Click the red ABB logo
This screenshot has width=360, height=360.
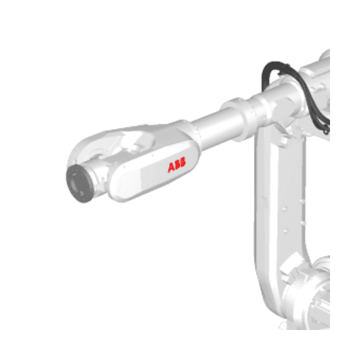177,167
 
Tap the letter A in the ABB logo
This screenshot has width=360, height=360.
171,167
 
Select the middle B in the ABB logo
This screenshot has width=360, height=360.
177,167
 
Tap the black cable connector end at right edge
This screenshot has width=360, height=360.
326,127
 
